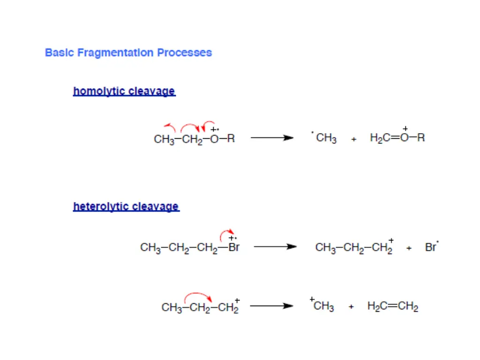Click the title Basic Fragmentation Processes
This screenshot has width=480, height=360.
128,52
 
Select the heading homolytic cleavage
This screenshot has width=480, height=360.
124,91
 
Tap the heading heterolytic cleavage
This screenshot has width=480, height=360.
126,206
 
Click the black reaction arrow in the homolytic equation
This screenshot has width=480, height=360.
272,138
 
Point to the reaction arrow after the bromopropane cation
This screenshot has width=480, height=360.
275,247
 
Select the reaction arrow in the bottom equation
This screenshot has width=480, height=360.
271,306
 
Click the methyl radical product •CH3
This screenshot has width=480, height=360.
324,138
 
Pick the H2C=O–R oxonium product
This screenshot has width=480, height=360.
397,137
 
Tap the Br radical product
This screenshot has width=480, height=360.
432,247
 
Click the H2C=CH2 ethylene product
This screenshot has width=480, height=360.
393,307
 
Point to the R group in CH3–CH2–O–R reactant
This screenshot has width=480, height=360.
231,139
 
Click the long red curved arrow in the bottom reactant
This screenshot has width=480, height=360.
198,295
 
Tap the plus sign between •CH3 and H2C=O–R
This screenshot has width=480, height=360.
353,139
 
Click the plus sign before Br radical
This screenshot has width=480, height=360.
409,248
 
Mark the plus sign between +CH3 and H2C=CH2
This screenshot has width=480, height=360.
351,307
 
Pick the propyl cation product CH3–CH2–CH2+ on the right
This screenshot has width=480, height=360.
354,247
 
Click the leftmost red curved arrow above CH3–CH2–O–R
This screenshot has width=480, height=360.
170,126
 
